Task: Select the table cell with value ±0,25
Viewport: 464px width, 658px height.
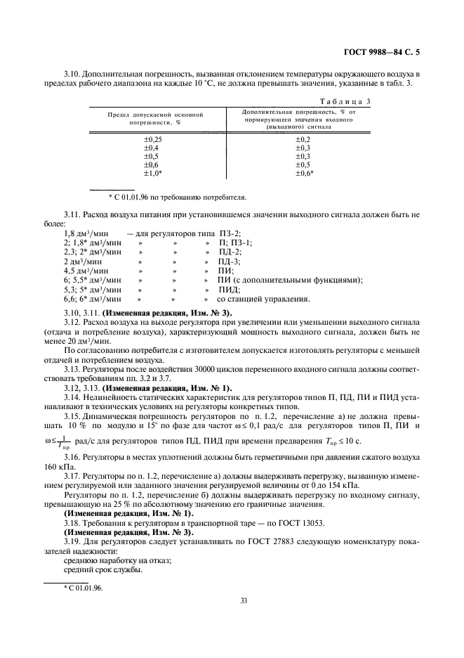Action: [153, 140]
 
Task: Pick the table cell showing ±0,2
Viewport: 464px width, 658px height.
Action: [303, 140]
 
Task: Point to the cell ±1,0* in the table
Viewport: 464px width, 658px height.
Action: [153, 173]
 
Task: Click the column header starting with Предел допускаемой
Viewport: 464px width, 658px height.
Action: [154, 117]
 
